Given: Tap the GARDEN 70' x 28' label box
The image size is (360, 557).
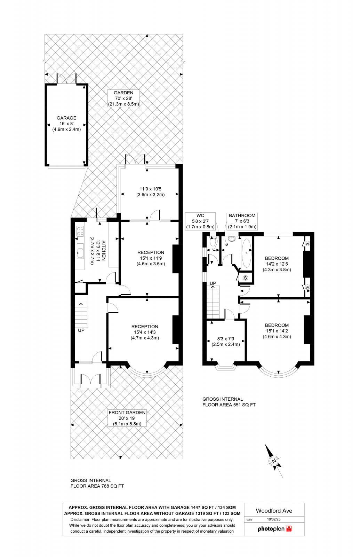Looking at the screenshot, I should click(123, 98).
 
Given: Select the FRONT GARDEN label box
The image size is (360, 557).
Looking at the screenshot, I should click(127, 418).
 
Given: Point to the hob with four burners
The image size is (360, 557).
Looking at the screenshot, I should click(80, 231).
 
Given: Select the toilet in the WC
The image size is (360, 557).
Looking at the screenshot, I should click(213, 242).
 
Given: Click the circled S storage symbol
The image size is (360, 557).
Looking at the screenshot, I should click(246, 277).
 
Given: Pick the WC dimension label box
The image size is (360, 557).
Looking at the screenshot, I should click(200, 221).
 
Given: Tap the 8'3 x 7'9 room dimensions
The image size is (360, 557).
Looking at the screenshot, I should click(226, 342).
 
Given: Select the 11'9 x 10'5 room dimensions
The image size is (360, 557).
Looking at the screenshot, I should click(150, 192).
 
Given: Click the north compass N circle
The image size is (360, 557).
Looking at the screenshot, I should click(274, 462).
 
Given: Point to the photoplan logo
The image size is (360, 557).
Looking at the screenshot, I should click(274, 529).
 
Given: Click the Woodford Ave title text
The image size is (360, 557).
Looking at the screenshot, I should click(274, 511).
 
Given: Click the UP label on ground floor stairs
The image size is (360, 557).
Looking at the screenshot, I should click(81, 330).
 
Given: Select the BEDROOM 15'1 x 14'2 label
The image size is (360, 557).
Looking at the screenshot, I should click(277, 331).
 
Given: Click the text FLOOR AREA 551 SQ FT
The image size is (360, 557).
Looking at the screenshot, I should click(229, 405).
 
